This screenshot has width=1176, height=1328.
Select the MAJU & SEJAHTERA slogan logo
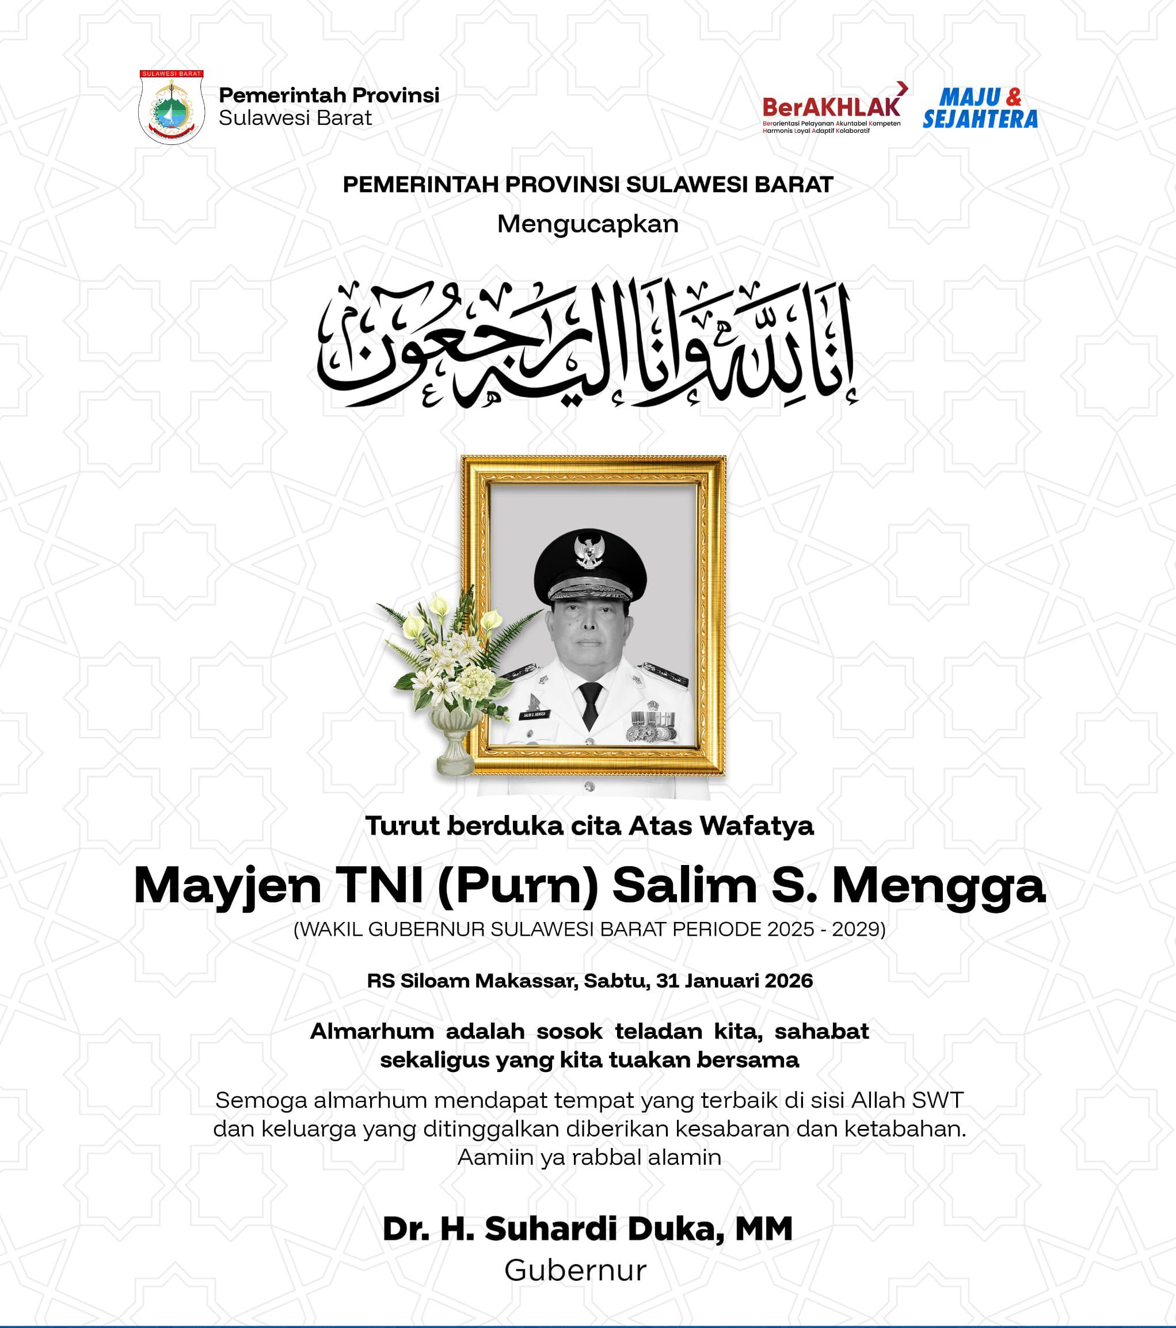(x=980, y=109)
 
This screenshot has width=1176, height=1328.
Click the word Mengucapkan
(x=588, y=224)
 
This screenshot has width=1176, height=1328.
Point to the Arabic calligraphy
(x=588, y=345)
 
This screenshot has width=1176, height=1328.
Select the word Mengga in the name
(x=938, y=886)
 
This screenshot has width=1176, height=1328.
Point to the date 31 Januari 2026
(x=734, y=981)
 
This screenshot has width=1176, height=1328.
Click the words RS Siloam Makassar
(x=471, y=981)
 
